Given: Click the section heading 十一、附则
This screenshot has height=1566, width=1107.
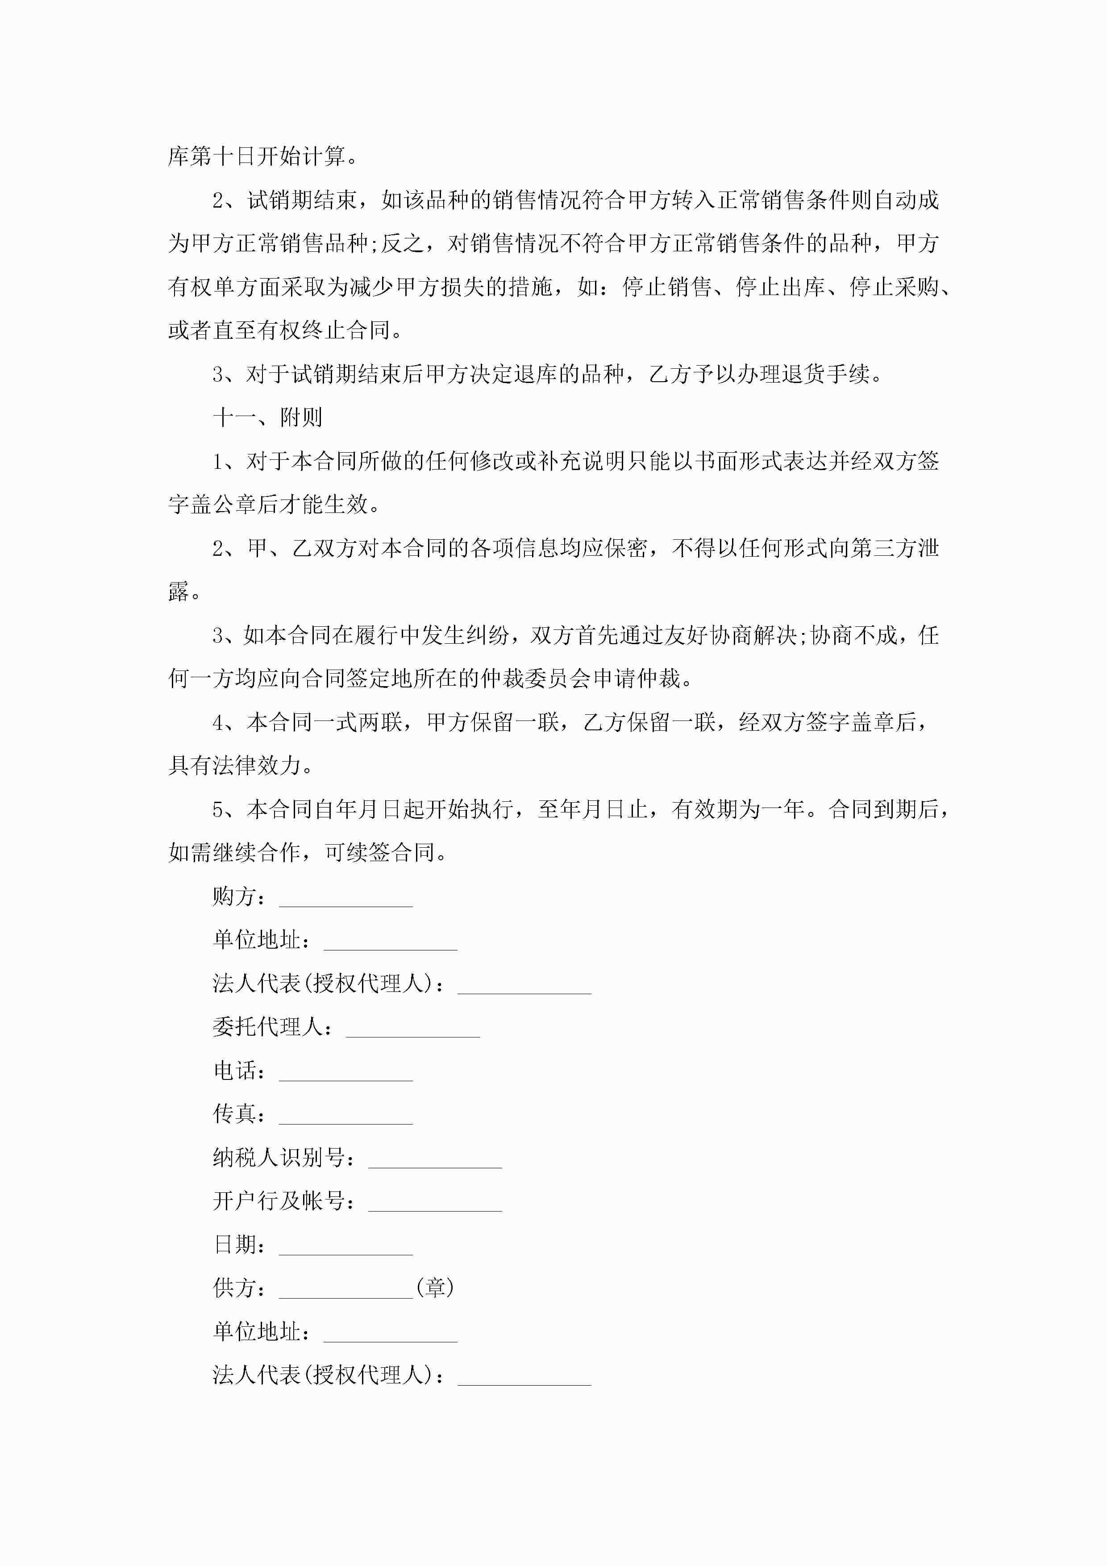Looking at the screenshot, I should tap(267, 417).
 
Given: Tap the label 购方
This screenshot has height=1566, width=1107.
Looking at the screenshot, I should tap(234, 896).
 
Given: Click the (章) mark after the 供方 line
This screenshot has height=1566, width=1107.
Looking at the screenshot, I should tap(434, 1288).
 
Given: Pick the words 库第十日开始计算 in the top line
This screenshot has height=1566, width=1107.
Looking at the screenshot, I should tap(257, 157).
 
